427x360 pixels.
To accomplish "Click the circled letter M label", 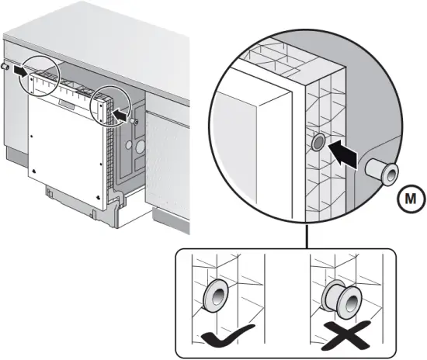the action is click(x=411, y=199).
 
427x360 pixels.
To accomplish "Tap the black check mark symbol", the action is click(x=227, y=336).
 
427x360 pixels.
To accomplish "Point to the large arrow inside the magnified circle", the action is click(x=343, y=154).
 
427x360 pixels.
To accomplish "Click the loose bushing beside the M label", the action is click(x=382, y=171).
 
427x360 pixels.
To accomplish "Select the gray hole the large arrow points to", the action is click(x=318, y=142).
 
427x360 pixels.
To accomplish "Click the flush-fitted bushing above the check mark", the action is click(x=216, y=295).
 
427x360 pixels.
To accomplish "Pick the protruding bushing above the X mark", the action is click(x=342, y=299).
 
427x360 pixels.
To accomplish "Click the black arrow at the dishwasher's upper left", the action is click(x=21, y=71).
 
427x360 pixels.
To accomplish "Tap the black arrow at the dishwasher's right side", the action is click(x=120, y=115).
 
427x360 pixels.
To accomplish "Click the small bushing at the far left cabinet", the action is click(x=5, y=67).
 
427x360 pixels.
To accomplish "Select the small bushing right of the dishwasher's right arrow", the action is click(x=134, y=121).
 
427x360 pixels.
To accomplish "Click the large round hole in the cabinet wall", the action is click(x=141, y=147).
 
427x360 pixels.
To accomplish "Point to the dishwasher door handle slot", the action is click(x=67, y=104).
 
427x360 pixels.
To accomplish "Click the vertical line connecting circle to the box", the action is click(x=307, y=236).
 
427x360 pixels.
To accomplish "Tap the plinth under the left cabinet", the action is click(x=16, y=157).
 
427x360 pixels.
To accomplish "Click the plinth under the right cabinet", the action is click(x=171, y=220).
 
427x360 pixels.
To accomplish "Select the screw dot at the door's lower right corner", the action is click(x=98, y=196).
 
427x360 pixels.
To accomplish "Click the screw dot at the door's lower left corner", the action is click(x=33, y=171).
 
